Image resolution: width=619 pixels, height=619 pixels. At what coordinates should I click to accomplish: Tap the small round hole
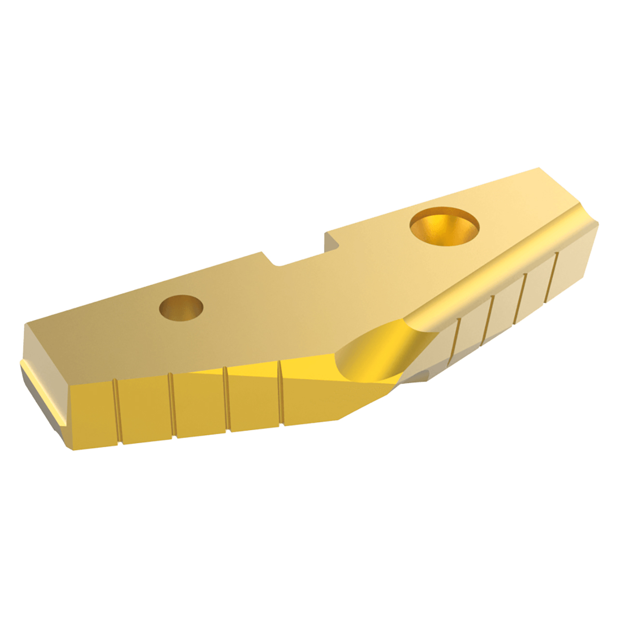coord(181,307)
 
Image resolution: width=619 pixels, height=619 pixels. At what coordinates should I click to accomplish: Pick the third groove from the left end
coord(227,399)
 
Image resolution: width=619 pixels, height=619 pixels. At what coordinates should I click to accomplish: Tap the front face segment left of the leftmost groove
coord(92,416)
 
